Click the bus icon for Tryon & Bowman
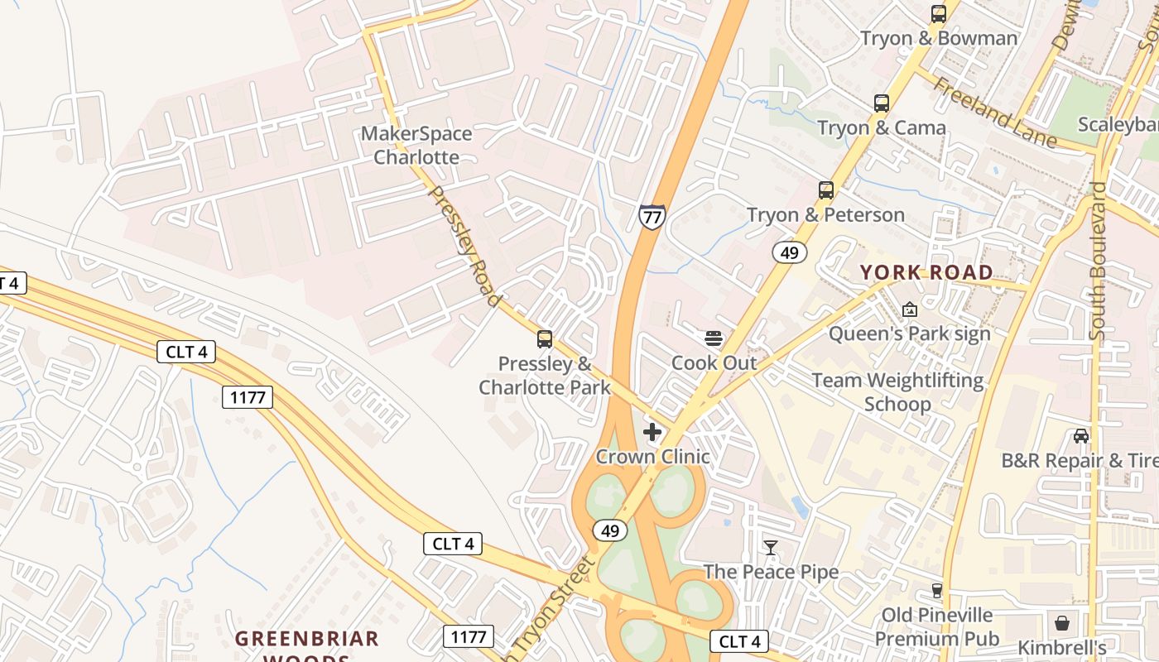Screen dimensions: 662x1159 [x=938, y=14]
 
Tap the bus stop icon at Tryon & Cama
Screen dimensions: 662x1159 [x=882, y=103]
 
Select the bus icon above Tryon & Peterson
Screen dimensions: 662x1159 [x=825, y=190]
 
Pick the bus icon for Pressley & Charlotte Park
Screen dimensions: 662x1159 [x=545, y=338]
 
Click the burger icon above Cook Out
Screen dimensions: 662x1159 [x=714, y=338]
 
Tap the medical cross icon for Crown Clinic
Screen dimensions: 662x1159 [x=652, y=432]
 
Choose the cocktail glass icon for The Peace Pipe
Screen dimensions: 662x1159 [x=771, y=548]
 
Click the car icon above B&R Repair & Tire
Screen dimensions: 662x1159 [x=1081, y=436]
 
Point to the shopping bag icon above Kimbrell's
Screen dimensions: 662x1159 [x=1062, y=623]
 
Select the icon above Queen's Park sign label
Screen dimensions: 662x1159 [x=910, y=309]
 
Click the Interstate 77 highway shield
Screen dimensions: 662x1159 [x=652, y=217]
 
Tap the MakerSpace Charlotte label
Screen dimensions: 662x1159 [x=416, y=145]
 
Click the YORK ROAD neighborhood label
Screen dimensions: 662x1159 [x=926, y=272]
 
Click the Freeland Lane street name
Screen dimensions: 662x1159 [x=996, y=113]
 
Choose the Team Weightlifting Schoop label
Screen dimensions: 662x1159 [x=898, y=392]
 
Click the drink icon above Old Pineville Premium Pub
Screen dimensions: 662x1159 [x=937, y=591]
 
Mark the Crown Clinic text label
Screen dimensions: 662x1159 [x=652, y=457]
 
